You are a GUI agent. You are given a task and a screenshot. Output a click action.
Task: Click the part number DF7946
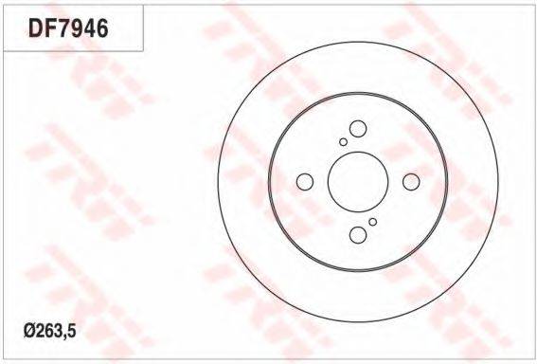coord(68,27)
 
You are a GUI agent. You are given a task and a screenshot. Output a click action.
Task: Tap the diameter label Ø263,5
coord(49,331)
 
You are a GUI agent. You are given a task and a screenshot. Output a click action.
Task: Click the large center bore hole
coord(358,182)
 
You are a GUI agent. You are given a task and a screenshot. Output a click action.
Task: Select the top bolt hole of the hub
coord(358,129)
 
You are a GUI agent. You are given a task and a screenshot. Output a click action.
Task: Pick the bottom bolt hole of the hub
coord(358,235)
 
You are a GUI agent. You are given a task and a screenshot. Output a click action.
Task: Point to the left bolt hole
coord(305,182)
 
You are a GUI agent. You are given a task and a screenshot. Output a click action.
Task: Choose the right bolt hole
coord(411,182)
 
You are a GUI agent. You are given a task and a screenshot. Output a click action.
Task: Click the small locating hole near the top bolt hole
coord(343,141)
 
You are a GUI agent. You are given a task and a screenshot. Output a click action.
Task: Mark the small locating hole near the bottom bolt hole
coord(373,222)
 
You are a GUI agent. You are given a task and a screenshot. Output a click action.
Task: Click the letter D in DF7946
coord(35,27)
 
